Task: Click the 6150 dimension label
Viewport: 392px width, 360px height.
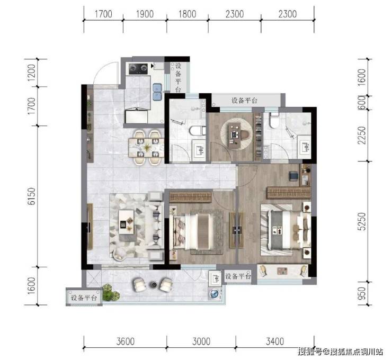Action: (x=31, y=196)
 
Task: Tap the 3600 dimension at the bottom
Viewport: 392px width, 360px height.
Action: (x=126, y=341)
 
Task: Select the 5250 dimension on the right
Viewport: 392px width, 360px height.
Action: (x=361, y=222)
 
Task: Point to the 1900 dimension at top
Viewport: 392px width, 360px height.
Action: (x=145, y=14)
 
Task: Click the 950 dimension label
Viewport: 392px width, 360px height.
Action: (x=361, y=293)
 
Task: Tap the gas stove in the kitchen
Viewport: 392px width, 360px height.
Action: (x=138, y=68)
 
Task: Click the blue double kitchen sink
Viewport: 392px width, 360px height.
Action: (x=157, y=92)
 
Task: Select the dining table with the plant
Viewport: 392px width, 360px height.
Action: (x=147, y=147)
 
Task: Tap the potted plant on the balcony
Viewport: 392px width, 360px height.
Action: (x=111, y=292)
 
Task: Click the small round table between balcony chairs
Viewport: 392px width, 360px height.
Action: (x=153, y=284)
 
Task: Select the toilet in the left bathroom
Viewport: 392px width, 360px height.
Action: (x=197, y=131)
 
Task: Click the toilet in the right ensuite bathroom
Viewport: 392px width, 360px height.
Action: (x=274, y=121)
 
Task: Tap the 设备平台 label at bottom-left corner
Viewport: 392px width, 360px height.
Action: (x=84, y=298)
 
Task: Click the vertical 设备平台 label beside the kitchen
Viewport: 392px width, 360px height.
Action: (x=178, y=78)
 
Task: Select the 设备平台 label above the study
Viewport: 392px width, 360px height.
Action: (x=244, y=101)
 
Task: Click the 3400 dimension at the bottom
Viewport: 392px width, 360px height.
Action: (x=275, y=341)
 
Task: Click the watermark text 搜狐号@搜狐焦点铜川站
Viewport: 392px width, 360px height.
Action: (x=340, y=352)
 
